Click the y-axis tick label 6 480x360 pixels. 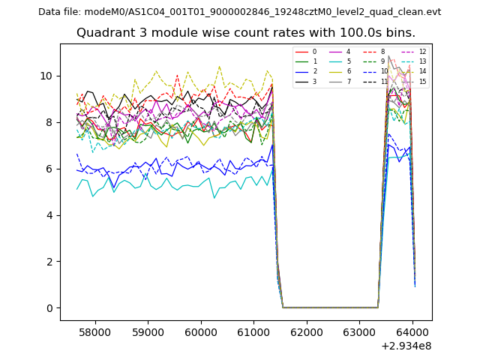[49, 169]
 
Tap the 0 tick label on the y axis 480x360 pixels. [49, 308]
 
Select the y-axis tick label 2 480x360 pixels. [49, 262]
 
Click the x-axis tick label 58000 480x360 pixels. [95, 331]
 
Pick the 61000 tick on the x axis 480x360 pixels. [253, 331]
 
